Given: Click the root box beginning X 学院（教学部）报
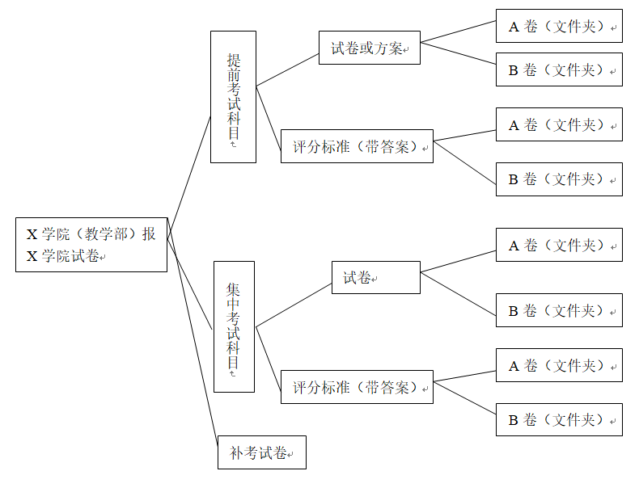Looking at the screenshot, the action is (x=91, y=245).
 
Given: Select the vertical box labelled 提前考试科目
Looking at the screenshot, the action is (x=233, y=97).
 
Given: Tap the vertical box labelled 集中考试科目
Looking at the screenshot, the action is (x=234, y=326).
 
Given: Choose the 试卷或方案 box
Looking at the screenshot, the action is (x=369, y=48).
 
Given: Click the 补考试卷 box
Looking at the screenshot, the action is (x=262, y=452).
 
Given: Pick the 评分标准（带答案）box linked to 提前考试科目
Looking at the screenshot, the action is (x=357, y=146).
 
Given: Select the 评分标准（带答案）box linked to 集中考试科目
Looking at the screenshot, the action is (x=357, y=387).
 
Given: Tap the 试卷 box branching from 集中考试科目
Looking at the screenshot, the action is (x=376, y=278).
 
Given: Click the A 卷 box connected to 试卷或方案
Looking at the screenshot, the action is (x=559, y=26).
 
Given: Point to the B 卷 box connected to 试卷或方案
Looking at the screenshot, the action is (x=559, y=69).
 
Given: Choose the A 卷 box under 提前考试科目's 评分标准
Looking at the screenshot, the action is (x=559, y=124).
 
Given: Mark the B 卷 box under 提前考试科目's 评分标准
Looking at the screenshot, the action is (x=559, y=179).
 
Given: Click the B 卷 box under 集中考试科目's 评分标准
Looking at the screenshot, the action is (x=559, y=420).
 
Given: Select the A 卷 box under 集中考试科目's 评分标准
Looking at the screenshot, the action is (x=559, y=365).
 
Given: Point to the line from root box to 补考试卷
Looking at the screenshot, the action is (x=193, y=332).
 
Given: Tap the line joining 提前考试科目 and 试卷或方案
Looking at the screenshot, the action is (x=287, y=70).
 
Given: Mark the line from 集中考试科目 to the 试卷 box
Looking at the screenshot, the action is (x=294, y=305).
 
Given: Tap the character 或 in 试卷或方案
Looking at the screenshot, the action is (x=366, y=48).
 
